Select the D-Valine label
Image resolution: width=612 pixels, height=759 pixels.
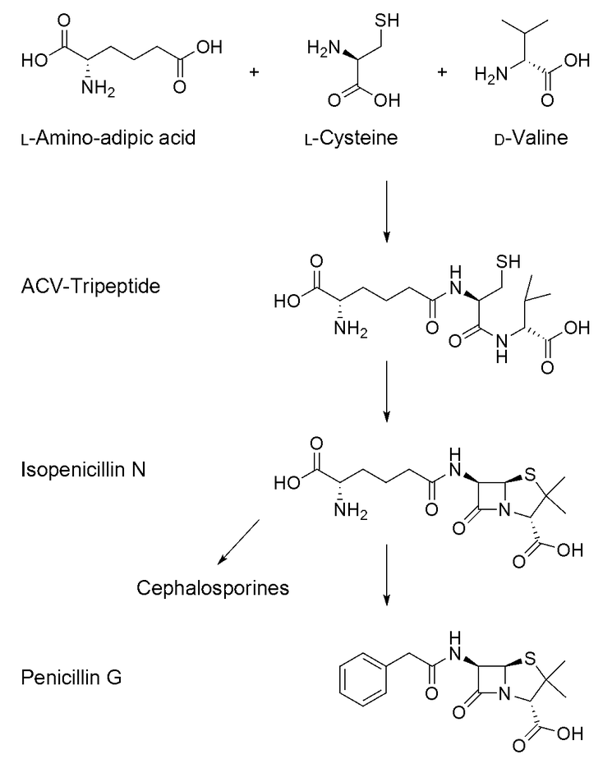(x=517, y=136)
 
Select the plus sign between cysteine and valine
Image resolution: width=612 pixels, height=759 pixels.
(x=443, y=72)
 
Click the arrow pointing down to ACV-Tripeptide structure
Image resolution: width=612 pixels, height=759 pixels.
(x=386, y=214)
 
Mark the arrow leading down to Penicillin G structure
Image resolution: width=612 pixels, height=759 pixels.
(x=386, y=583)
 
